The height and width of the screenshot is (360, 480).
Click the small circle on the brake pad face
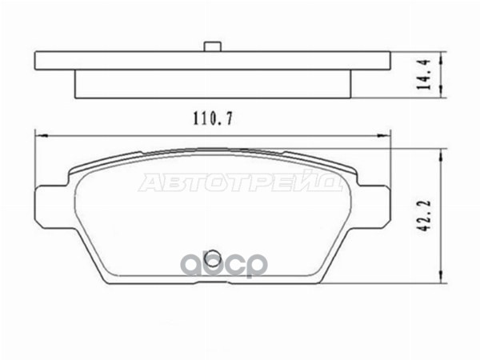(211, 257)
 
